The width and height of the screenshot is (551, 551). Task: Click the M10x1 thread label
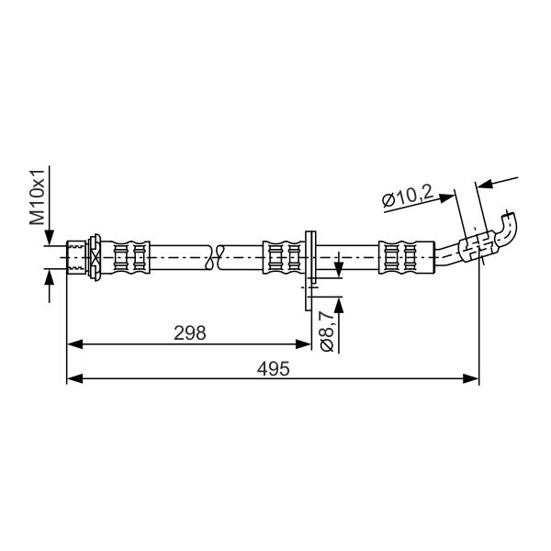(38, 197)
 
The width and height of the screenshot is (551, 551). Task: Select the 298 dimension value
(190, 332)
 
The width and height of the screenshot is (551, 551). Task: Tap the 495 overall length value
(274, 368)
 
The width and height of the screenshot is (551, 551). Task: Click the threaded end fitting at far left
(76, 257)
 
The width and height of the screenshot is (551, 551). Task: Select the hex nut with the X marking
(95, 257)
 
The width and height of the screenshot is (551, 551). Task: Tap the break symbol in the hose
(215, 257)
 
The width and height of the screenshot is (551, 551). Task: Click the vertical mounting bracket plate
(310, 271)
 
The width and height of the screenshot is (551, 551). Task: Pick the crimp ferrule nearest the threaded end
(130, 257)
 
